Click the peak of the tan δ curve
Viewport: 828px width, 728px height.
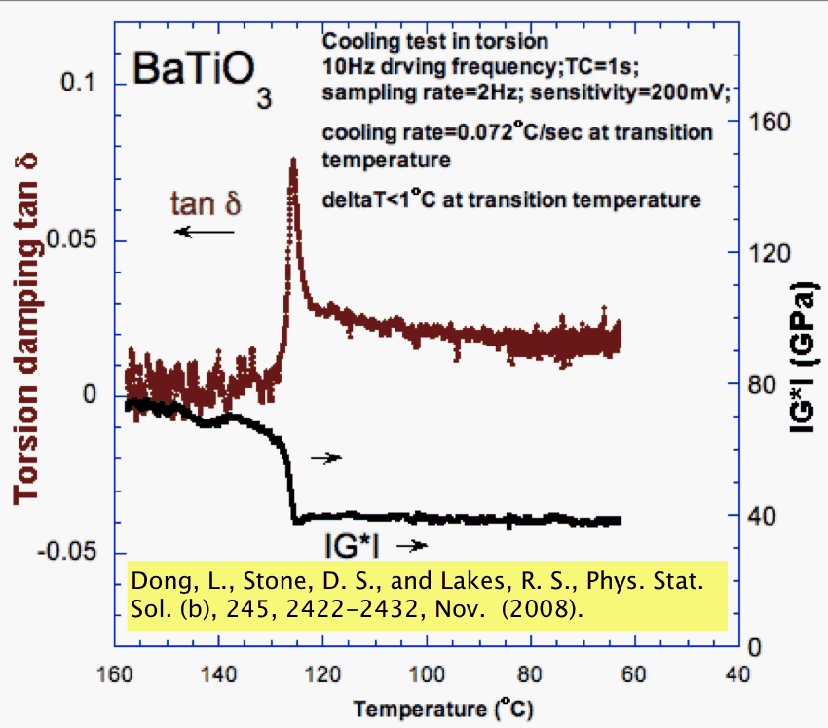pos(291,161)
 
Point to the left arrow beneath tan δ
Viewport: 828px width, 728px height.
pos(206,232)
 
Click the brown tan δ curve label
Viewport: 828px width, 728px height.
pos(206,203)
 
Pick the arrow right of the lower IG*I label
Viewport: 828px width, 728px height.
pos(412,546)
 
